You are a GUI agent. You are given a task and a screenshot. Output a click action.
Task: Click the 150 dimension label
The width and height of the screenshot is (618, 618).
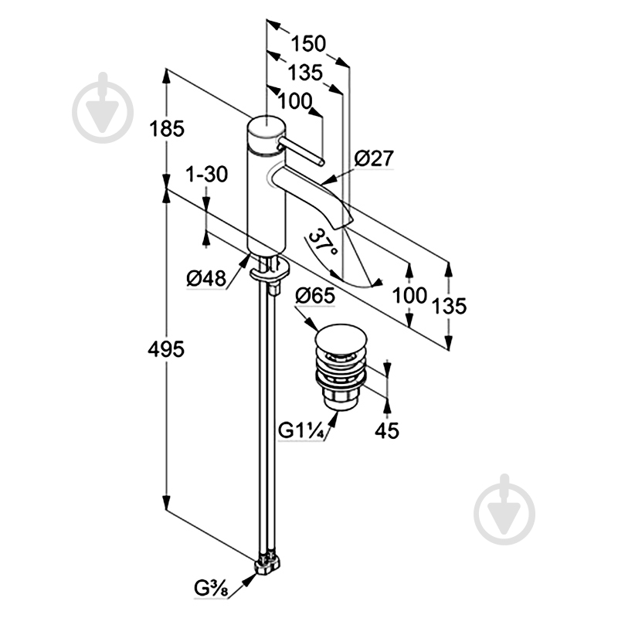[x=309, y=43]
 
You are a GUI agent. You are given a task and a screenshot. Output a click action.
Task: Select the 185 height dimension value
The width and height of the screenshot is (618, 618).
[x=168, y=129]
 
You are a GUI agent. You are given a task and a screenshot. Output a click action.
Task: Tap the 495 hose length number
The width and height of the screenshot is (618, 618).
[x=168, y=349]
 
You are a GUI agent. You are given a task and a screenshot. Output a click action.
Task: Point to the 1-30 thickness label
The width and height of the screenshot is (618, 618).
[x=206, y=175]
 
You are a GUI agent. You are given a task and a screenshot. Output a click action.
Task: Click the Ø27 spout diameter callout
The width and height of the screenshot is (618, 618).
[x=374, y=159]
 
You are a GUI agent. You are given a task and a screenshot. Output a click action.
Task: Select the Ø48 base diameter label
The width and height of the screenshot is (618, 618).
[x=205, y=277]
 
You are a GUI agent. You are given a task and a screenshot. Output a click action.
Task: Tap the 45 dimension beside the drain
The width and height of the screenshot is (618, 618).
[x=387, y=430]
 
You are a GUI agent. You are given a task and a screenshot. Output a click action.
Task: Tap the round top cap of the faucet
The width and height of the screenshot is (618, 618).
[x=265, y=127]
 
